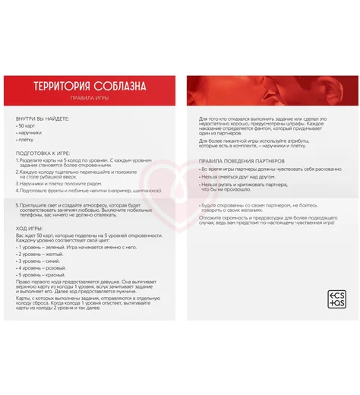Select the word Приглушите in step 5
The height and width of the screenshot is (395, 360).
35,206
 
